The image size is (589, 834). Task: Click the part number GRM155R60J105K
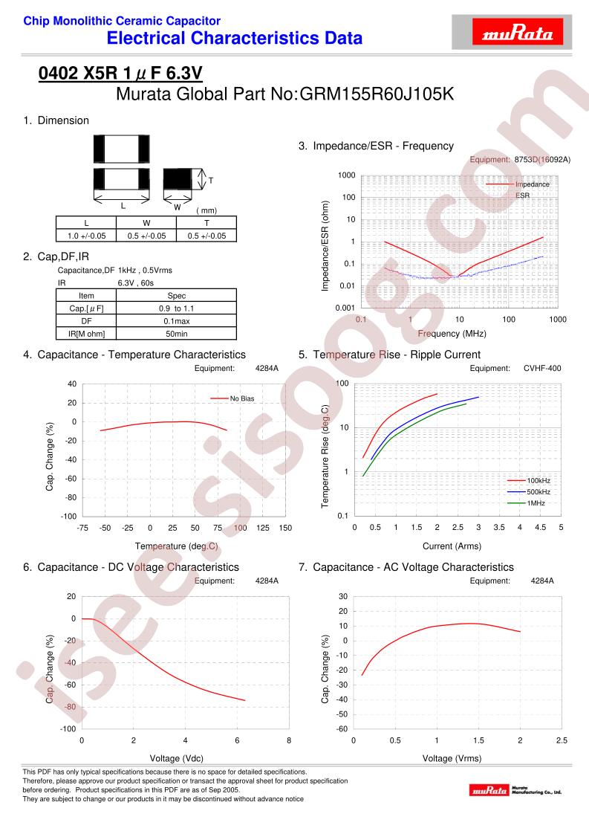377,94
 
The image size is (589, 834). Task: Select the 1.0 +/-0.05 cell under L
86,236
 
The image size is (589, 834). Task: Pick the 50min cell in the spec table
177,334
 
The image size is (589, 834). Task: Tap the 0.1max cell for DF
177,321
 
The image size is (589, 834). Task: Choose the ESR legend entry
523,195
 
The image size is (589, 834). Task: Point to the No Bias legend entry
232,398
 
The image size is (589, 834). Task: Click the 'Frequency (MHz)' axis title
452,334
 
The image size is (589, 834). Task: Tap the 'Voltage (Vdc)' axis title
177,758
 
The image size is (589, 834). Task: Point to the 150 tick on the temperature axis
285,528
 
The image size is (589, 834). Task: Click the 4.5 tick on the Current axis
540,527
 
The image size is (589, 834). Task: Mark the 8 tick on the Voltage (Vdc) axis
289,740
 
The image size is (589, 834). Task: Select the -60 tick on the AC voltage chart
342,729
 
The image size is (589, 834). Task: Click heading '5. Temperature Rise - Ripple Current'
389,355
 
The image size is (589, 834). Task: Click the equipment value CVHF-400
542,368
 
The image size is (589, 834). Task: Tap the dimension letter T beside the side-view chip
211,181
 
